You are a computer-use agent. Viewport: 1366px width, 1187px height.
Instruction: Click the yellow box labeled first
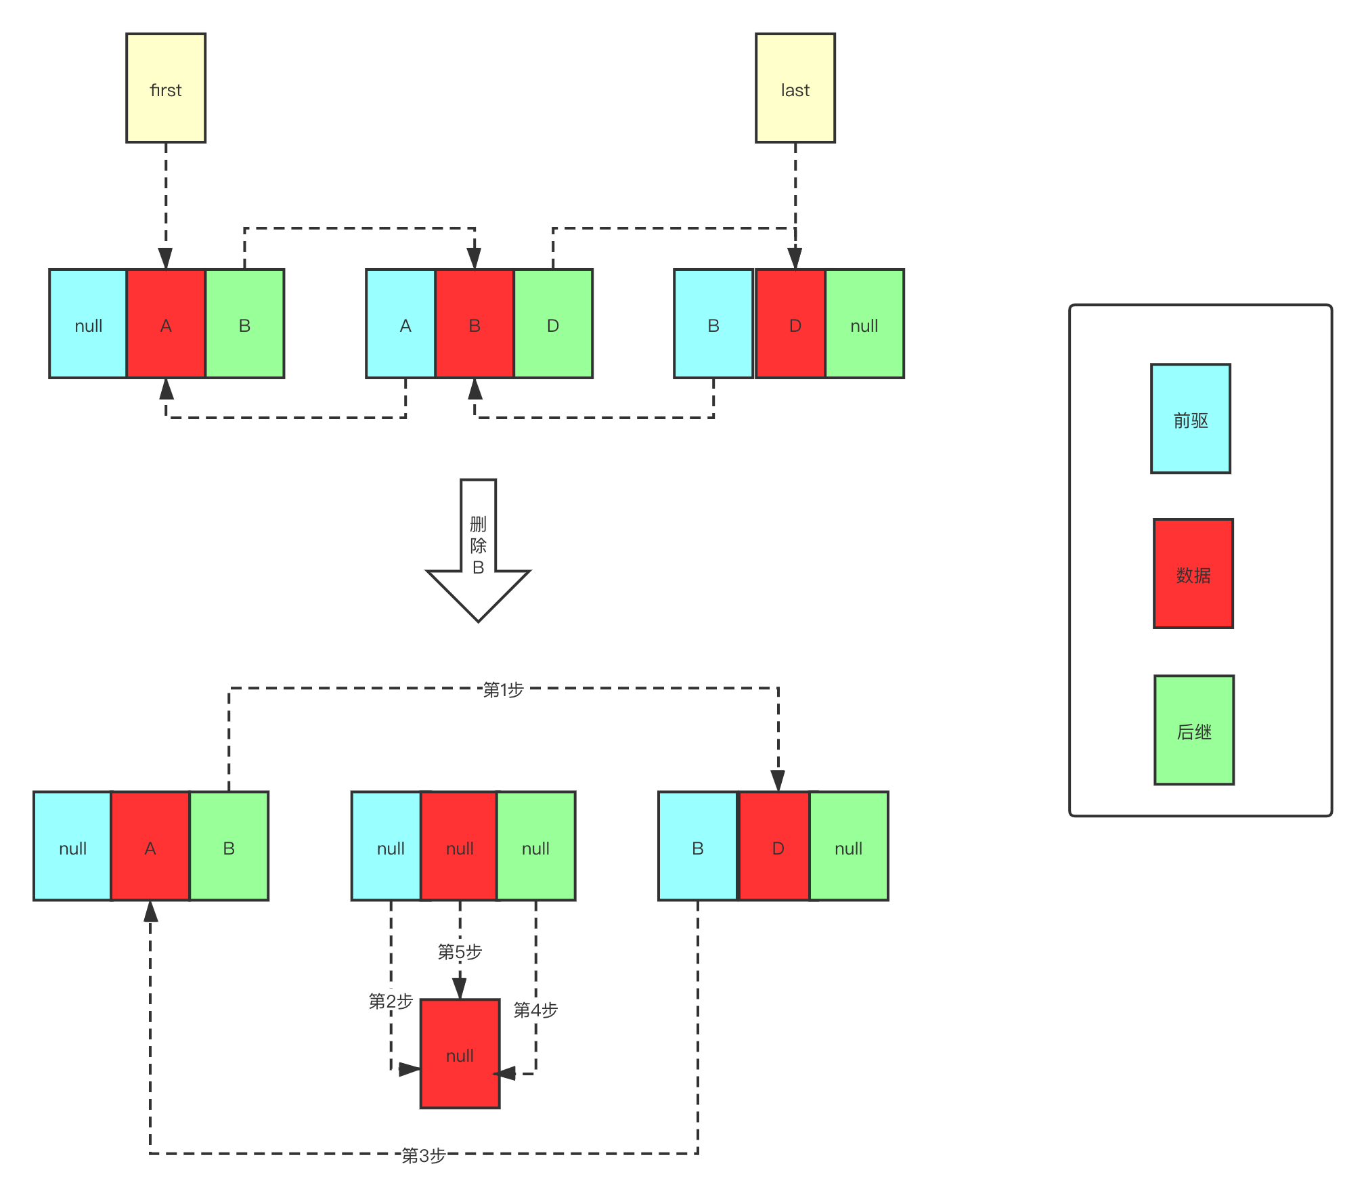coord(166,88)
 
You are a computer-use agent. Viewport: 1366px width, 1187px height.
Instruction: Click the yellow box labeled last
coord(795,88)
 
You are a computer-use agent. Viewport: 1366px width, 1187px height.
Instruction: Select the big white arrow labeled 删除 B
coord(478,548)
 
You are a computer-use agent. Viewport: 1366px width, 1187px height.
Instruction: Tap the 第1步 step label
coord(503,689)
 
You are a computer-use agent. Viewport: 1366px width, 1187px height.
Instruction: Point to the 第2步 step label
coord(391,1000)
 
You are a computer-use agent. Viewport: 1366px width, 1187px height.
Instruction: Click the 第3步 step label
coord(424,1154)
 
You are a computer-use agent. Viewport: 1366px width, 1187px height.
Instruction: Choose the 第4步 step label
coord(535,1010)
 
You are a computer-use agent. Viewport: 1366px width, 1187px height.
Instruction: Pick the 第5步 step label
coord(460,951)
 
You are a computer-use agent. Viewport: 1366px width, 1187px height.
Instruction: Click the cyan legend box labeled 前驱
coord(1191,418)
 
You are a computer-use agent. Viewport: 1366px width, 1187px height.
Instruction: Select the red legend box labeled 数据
coord(1193,574)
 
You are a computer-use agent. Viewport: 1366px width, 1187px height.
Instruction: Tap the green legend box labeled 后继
coord(1194,730)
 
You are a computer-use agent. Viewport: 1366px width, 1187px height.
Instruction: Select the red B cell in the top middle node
coord(475,324)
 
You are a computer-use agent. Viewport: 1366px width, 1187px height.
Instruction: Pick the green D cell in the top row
coord(553,324)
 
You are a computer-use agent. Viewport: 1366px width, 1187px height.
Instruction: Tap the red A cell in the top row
coord(166,324)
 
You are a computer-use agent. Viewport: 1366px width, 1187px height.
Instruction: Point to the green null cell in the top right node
coord(864,324)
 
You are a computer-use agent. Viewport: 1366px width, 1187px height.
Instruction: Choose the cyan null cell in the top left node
coord(88,324)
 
